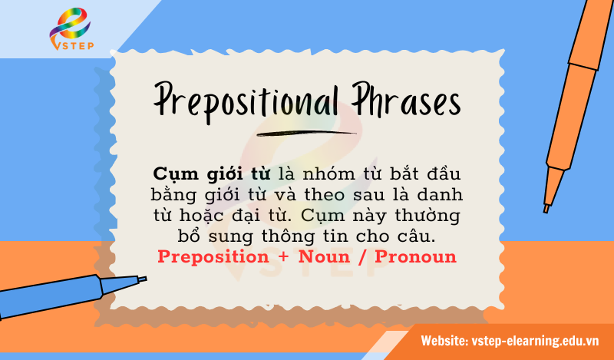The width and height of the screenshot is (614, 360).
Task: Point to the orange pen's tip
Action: [546, 206]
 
